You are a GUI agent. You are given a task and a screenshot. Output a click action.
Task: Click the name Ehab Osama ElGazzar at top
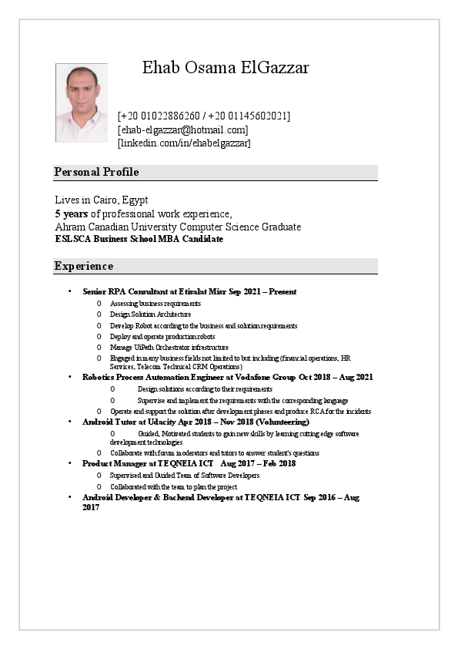(x=226, y=68)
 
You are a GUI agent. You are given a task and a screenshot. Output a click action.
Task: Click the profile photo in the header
(x=82, y=103)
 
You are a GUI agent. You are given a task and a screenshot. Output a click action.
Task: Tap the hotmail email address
(x=182, y=129)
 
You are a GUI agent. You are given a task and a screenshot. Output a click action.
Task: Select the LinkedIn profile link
(x=184, y=143)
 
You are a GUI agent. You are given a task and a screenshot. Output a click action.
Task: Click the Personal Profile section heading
(x=96, y=172)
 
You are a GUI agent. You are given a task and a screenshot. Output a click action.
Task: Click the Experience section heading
(x=84, y=266)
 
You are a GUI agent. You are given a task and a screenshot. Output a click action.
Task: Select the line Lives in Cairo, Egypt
(x=102, y=200)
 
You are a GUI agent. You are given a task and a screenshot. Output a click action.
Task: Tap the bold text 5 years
(x=71, y=214)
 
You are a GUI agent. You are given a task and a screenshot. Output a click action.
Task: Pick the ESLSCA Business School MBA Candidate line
(x=139, y=239)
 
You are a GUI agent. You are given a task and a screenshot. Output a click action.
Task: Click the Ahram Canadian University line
(x=178, y=227)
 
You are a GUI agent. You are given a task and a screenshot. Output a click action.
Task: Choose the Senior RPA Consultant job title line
(x=189, y=292)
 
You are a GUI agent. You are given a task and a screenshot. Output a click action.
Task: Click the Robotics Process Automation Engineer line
(x=228, y=377)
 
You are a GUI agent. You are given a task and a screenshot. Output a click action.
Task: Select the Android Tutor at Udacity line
(x=196, y=422)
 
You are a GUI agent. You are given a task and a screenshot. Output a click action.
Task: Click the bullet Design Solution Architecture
(x=150, y=314)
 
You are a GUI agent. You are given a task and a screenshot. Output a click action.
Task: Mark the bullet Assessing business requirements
(x=155, y=304)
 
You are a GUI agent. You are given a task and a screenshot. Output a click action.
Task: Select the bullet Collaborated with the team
(x=173, y=487)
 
